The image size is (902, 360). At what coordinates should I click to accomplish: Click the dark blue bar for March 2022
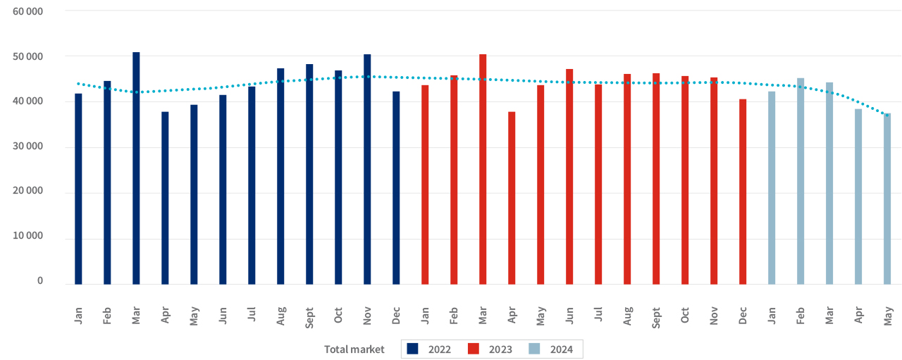coord(136,169)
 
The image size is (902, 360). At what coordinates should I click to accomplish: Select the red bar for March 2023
coord(483,169)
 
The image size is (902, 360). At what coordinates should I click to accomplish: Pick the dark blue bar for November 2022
coord(367,169)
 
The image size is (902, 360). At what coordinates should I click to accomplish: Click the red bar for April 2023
coord(512,198)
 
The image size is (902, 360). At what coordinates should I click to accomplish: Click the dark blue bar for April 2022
coord(165,198)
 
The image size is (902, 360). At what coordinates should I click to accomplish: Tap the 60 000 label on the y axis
coord(28,12)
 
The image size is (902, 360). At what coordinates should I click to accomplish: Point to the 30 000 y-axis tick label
coord(28,147)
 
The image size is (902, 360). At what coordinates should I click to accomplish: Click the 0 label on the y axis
coord(40,280)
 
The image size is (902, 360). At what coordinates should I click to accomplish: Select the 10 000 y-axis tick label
coord(28,236)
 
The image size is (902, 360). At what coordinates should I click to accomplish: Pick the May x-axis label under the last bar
coord(888,313)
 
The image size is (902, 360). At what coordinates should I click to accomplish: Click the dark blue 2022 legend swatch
coord(413,349)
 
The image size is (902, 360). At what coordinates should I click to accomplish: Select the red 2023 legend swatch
coord(474,349)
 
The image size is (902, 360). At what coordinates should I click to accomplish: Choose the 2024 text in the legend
coord(562,349)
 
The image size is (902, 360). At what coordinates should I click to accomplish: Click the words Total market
coord(354,349)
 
